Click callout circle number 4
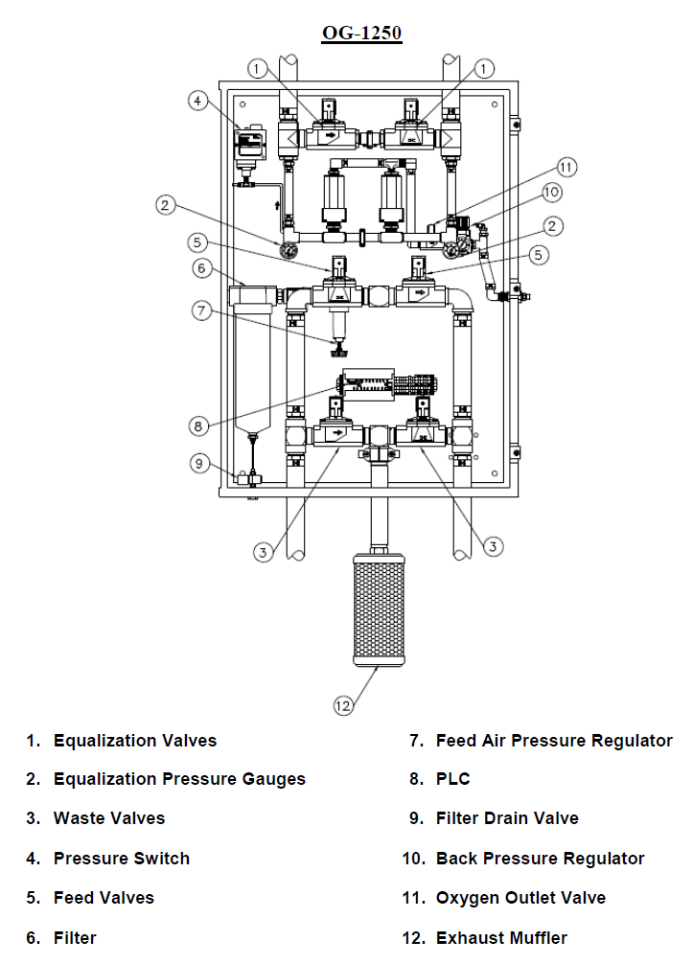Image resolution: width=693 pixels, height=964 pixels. pos(197,101)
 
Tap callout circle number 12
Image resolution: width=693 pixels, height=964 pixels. pos(343,705)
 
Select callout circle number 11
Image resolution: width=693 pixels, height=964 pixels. pos(566,167)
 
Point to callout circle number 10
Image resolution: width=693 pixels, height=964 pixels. pos(551,193)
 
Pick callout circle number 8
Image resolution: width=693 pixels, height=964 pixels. pos(198,425)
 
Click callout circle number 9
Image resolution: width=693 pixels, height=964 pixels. pos(198,463)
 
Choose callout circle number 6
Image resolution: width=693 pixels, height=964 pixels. pos(201,268)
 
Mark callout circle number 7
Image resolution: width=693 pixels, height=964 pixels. pos(201,310)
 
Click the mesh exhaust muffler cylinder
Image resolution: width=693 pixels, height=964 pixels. pos(379,610)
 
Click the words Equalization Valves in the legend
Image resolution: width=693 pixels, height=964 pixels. pos(135,740)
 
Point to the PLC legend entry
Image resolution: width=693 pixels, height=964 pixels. pos(452,779)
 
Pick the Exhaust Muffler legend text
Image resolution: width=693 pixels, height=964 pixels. pos(501,937)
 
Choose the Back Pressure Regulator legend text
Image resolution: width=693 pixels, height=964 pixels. pos(540,859)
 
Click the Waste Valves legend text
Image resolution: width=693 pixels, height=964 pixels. pos(109,818)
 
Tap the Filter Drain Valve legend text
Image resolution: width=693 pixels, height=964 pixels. pos(507,818)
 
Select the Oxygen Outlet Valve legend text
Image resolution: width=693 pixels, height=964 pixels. pos(520,898)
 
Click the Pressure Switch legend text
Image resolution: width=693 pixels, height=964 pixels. pos(122,859)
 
